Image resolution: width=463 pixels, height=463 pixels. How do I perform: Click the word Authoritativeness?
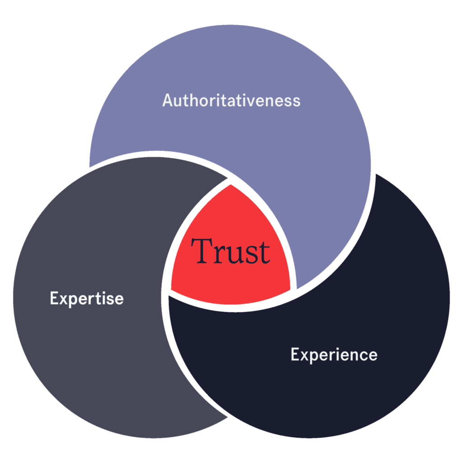click(231, 100)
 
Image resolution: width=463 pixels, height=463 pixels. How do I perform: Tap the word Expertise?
click(86, 299)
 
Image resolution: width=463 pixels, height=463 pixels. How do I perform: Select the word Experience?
click(334, 354)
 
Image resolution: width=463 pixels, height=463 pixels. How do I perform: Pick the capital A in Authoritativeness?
click(168, 100)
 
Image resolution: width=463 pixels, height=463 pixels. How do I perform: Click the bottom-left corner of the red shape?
click(171, 289)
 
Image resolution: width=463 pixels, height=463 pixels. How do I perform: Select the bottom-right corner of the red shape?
click(290, 289)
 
